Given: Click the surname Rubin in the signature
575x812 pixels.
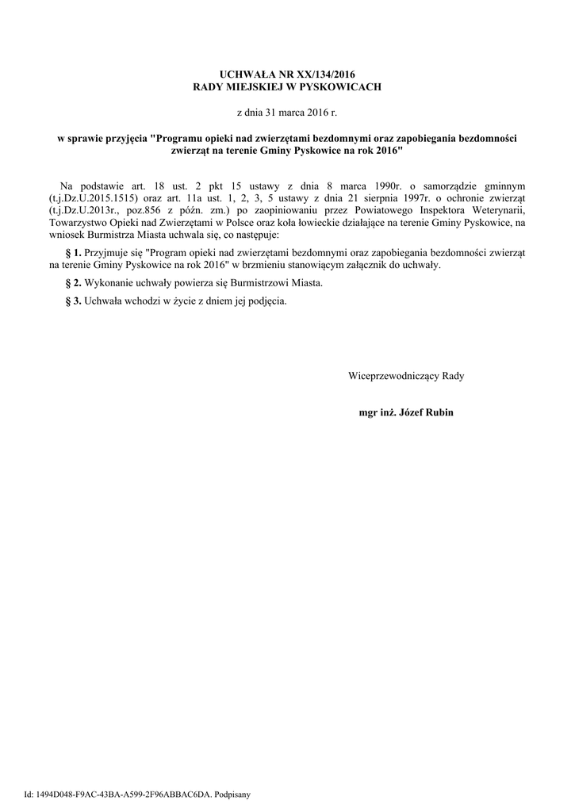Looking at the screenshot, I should [x=438, y=413].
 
